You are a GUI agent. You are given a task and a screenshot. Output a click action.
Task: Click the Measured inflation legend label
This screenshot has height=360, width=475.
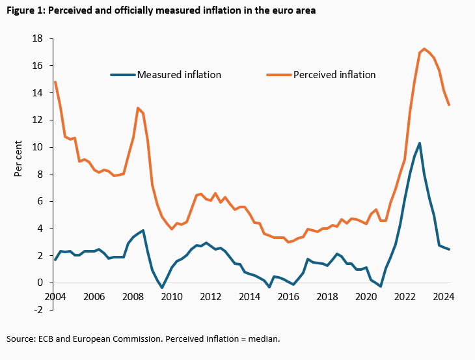[179, 74]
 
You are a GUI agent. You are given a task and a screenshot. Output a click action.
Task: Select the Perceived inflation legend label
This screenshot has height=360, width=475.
[334, 74]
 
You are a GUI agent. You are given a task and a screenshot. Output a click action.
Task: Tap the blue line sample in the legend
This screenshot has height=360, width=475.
[122, 74]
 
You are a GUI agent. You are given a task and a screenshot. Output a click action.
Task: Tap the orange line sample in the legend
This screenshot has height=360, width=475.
[278, 74]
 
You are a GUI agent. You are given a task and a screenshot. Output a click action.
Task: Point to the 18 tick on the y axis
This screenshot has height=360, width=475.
[38, 39]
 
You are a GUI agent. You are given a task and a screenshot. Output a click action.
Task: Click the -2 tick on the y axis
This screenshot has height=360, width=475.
[39, 310]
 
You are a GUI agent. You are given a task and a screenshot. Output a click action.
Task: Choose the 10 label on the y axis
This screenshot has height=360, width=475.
[38, 147]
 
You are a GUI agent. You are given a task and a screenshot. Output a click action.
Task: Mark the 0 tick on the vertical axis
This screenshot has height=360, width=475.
[40, 283]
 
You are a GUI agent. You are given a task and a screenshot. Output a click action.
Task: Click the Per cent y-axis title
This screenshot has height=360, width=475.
[19, 158]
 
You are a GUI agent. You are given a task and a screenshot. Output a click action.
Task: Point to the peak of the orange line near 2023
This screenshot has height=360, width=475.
[424, 49]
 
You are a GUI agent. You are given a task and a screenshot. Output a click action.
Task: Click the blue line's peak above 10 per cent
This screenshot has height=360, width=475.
[420, 143]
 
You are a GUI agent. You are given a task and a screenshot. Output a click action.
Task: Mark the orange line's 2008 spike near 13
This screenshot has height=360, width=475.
[138, 108]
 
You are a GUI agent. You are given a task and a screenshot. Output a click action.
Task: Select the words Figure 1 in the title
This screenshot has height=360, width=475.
[23, 11]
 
